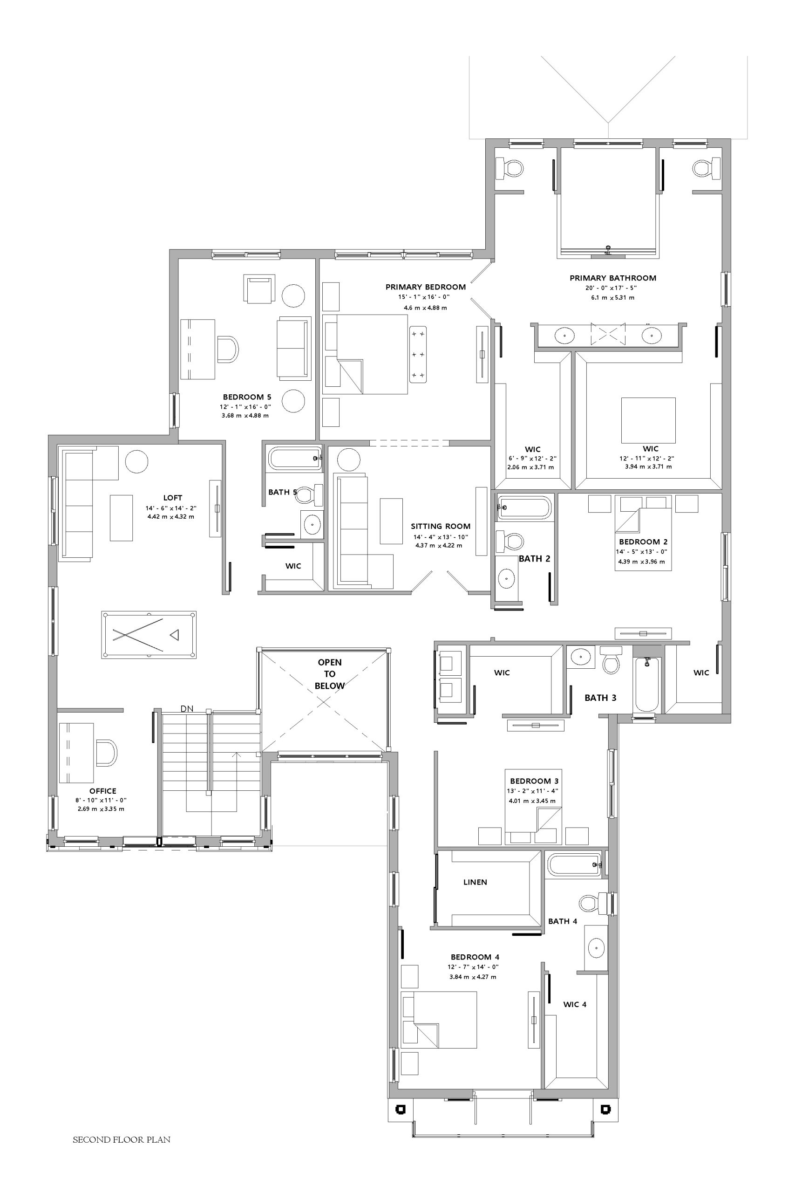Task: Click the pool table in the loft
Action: pos(149,635)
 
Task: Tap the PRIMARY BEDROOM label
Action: pos(425,287)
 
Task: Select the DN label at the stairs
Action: pos(187,709)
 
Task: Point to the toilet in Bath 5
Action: pos(310,494)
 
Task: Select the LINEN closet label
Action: pos(475,882)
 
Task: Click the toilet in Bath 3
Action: pos(611,660)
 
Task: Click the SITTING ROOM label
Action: pos(441,527)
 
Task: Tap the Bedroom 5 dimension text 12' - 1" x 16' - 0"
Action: pos(245,407)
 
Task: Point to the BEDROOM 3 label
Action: pos(534,781)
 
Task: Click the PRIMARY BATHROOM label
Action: pos(613,278)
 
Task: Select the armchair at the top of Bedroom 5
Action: pos(259,289)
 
